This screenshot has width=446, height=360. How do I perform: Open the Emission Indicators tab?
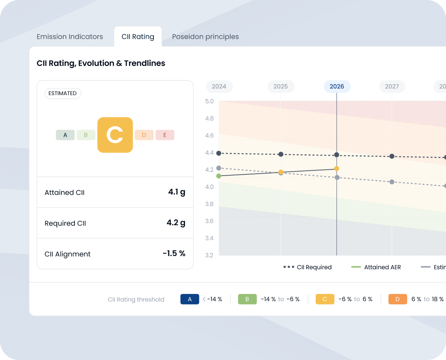(x=70, y=36)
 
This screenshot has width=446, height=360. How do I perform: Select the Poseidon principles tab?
(x=205, y=36)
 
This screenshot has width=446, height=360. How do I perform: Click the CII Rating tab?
(x=138, y=36)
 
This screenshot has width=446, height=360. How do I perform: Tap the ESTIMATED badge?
(x=62, y=93)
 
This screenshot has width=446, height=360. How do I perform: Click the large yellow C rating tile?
(x=115, y=135)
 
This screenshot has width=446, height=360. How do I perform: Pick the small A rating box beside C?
(x=65, y=135)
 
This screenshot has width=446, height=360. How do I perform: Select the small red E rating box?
(x=165, y=135)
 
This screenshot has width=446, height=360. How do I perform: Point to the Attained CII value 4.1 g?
(x=177, y=192)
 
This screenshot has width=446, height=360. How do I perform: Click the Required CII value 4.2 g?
(x=176, y=223)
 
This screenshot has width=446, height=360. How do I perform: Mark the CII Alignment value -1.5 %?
(x=174, y=254)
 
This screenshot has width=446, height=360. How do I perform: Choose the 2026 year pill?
(x=337, y=86)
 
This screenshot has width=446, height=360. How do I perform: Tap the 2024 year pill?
(x=219, y=86)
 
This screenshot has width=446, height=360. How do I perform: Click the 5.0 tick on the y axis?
(x=209, y=101)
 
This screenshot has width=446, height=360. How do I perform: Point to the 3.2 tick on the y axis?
(x=209, y=255)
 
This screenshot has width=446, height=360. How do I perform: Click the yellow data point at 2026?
(x=336, y=169)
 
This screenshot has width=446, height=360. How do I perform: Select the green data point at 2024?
(x=219, y=176)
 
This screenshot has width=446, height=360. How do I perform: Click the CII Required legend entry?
(x=308, y=267)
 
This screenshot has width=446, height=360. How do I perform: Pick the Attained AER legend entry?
(x=376, y=267)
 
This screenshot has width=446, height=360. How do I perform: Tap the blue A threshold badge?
(x=189, y=299)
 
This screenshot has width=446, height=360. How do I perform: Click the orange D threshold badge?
(x=397, y=299)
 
